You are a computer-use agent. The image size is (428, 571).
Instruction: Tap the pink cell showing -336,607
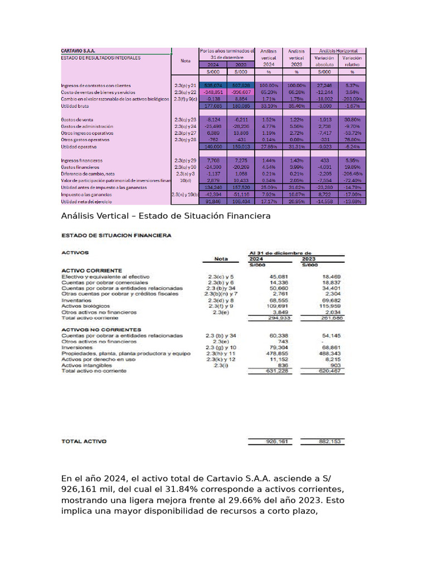pos(241,92)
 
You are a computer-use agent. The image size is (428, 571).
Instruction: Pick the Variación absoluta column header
pos(324,61)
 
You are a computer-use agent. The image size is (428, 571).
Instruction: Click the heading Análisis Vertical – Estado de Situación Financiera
pos(166,216)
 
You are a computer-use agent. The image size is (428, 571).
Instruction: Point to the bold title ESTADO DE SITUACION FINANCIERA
pos(116,236)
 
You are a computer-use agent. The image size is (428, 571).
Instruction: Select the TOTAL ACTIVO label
pos(84,441)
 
